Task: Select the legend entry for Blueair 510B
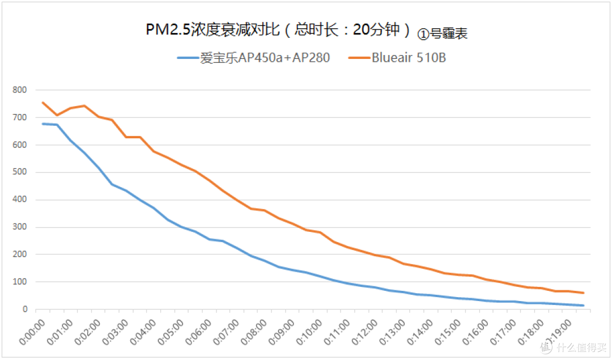click(397, 58)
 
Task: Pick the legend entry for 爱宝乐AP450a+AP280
click(253, 58)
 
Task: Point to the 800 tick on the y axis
click(19, 90)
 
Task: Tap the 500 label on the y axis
click(19, 172)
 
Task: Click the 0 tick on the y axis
click(25, 309)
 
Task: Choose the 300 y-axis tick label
click(19, 227)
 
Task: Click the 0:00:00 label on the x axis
click(32, 332)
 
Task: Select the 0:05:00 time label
click(171, 332)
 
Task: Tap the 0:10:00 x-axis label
click(309, 332)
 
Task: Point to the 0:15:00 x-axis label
click(448, 332)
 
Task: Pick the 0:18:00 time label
click(531, 332)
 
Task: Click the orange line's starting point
click(42, 103)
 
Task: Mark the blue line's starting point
click(42, 124)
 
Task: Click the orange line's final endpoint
click(584, 293)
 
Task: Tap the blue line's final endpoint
click(584, 306)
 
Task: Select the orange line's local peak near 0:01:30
click(84, 105)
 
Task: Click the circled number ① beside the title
click(423, 35)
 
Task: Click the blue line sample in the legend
click(188, 58)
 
